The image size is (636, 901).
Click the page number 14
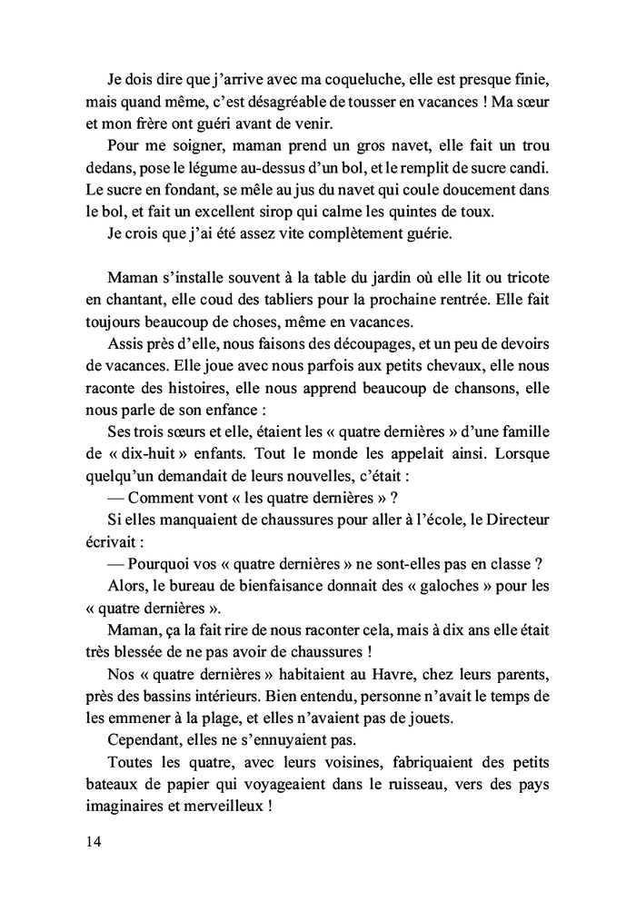(89, 840)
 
